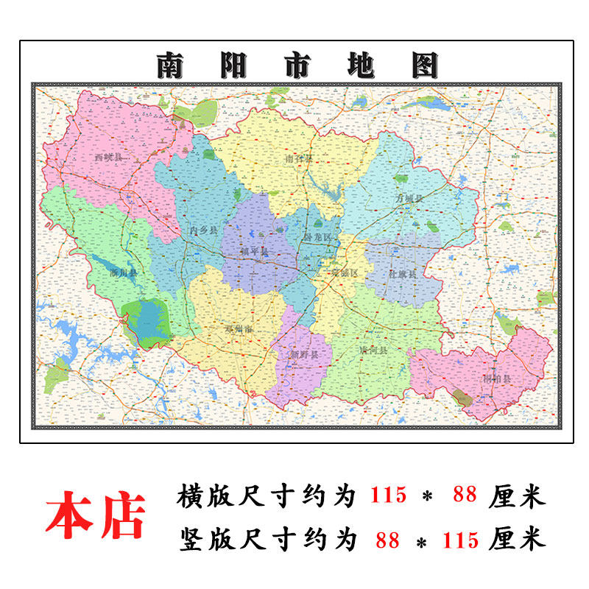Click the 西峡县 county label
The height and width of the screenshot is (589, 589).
coord(108,158)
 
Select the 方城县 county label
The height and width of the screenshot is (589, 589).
coord(409,199)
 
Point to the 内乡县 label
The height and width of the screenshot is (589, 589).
coord(203,230)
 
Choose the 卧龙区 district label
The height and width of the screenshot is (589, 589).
coord(317,237)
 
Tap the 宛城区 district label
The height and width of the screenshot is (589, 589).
coord(345,272)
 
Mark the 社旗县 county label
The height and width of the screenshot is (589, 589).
coord(403,273)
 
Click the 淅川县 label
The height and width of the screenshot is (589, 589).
coord(124,273)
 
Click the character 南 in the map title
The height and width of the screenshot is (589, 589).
coord(172,66)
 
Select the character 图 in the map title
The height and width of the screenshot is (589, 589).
coord(425,66)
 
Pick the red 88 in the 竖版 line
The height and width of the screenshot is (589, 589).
coord(387,540)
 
